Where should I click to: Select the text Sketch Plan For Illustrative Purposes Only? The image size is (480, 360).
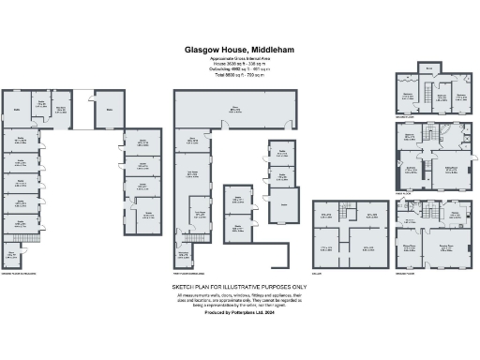[239, 286]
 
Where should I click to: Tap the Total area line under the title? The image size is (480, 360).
[239, 73]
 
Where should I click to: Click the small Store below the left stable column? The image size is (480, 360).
[12, 252]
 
